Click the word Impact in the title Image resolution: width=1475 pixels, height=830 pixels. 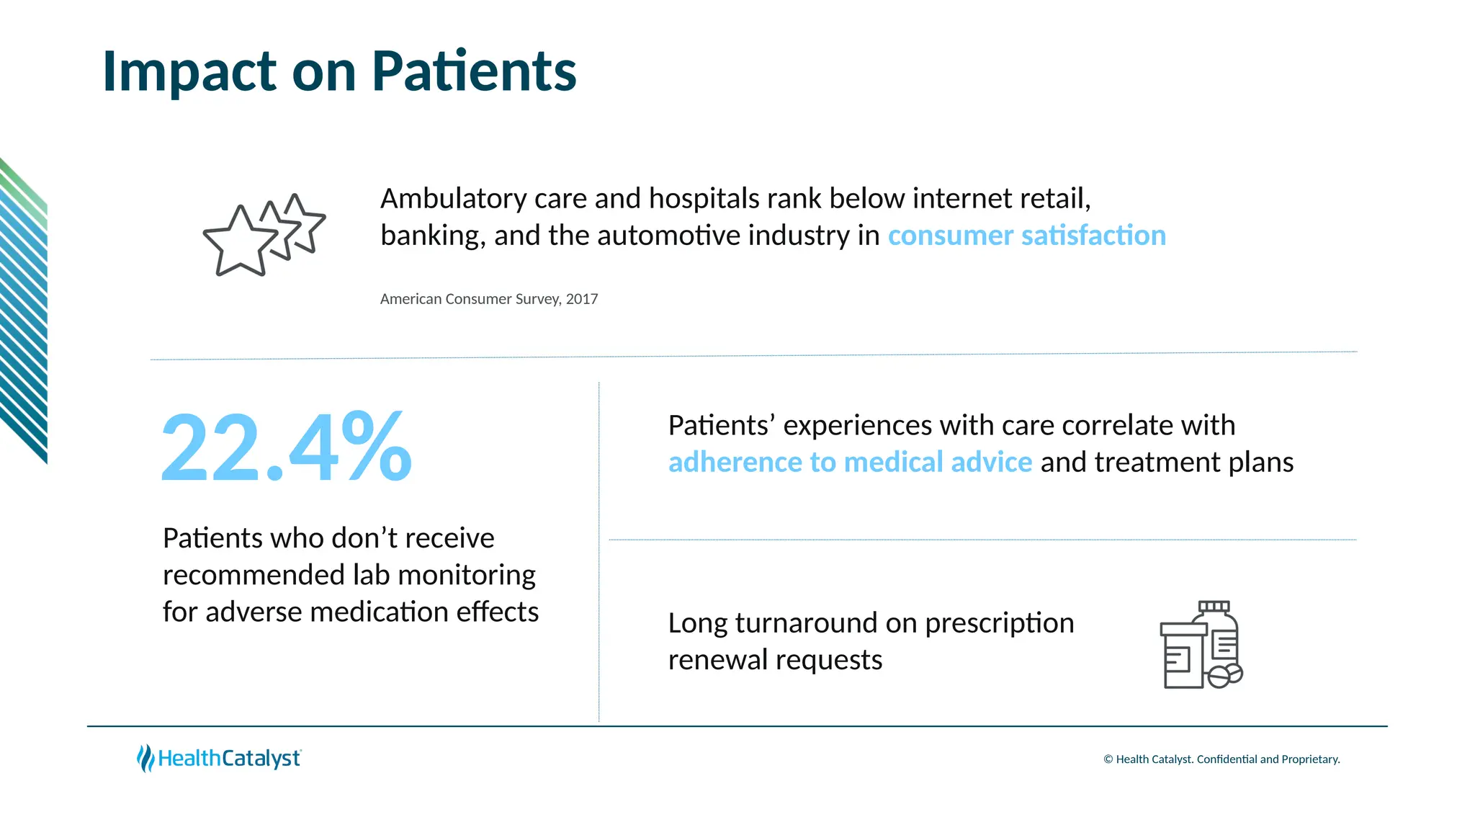(189, 71)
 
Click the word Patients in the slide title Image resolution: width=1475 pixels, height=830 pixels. (474, 71)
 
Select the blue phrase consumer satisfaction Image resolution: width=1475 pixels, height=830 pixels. (1026, 236)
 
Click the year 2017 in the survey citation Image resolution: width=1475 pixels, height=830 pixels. (582, 299)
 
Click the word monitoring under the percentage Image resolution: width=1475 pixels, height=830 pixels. (466, 575)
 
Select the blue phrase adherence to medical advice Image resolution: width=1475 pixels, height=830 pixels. (850, 462)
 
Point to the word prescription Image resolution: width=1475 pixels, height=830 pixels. (999, 623)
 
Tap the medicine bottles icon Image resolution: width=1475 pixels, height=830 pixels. (1201, 645)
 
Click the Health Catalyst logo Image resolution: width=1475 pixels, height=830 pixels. (219, 758)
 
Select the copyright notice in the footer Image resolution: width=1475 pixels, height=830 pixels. (1221, 759)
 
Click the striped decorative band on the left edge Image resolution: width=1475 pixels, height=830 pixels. (24, 310)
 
